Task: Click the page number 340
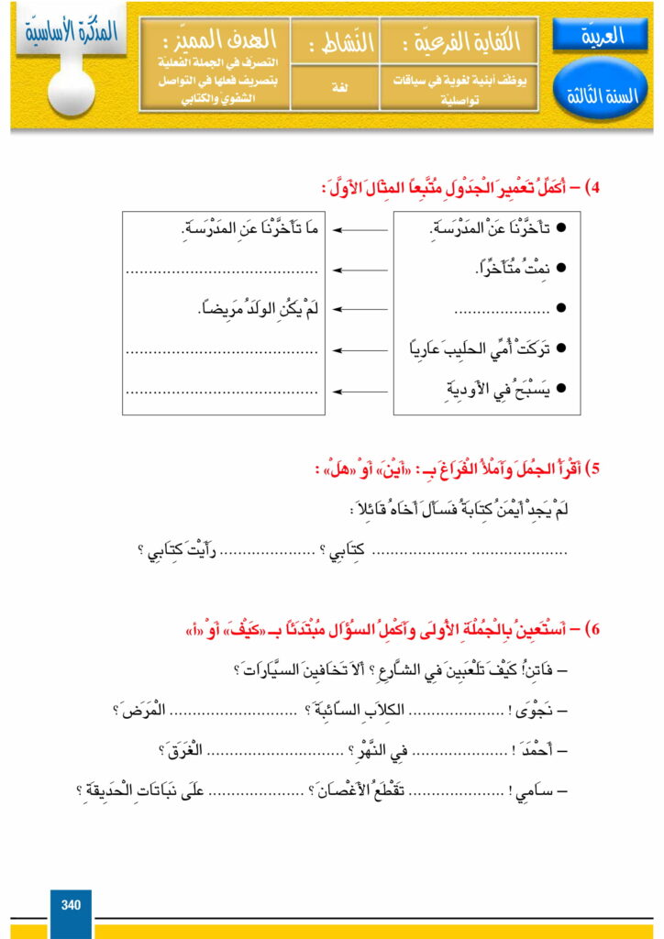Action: coord(71,906)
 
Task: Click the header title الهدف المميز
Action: coord(213,40)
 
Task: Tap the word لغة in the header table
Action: coord(326,83)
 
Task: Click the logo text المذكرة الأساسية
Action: coord(69,30)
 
